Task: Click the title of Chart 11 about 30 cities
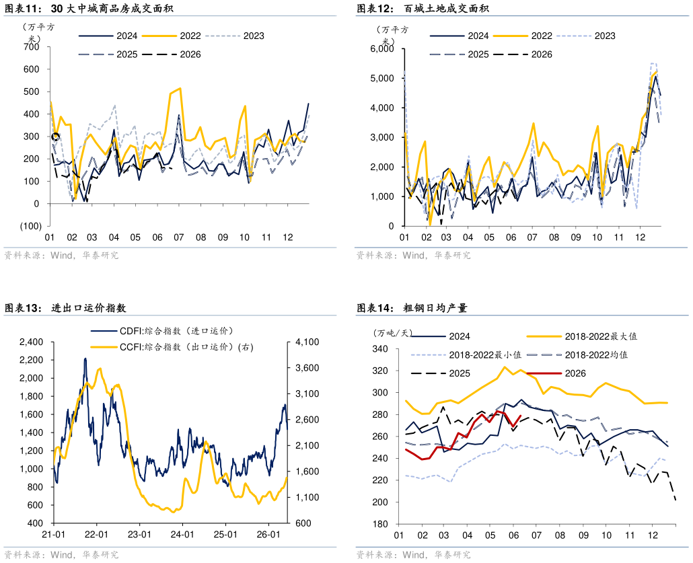tap(89, 8)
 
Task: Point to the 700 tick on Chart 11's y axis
tap(32, 47)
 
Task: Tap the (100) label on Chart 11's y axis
tap(31, 226)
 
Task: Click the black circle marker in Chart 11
tap(55, 137)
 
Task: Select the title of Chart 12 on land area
tap(423, 8)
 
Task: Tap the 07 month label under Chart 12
tap(532, 237)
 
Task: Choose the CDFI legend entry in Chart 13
tap(161, 330)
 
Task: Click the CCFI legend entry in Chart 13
tap(172, 347)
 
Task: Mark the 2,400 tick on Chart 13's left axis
tap(31, 342)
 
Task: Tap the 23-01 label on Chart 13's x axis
tap(140, 534)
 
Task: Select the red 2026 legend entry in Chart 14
tap(556, 373)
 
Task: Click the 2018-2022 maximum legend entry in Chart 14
tap(582, 336)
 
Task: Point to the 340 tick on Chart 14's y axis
tap(380, 349)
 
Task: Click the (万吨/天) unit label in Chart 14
tap(392, 333)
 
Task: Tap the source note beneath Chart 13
tap(61, 555)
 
